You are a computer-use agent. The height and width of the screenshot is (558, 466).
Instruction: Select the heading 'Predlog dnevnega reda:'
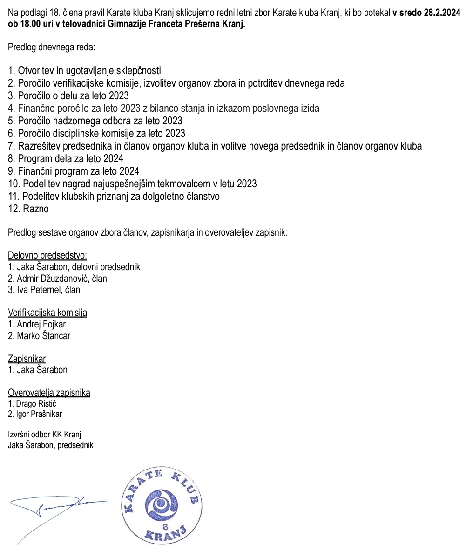tap(51, 47)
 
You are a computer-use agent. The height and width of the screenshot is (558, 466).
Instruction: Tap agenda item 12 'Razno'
tap(28, 209)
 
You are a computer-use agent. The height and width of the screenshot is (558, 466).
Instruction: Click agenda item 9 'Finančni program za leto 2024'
tap(74, 171)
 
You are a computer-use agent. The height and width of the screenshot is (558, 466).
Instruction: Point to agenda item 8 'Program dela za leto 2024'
tap(66, 159)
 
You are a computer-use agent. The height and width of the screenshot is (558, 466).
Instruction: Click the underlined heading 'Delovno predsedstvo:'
tap(47, 255)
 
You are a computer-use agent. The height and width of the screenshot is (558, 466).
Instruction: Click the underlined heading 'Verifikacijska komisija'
tap(47, 313)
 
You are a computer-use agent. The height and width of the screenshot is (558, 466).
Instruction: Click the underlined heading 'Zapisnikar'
tap(27, 359)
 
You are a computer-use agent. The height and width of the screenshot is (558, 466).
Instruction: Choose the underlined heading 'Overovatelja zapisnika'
tap(49, 393)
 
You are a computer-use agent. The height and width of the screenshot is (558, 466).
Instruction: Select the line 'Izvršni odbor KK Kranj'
tap(45, 435)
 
